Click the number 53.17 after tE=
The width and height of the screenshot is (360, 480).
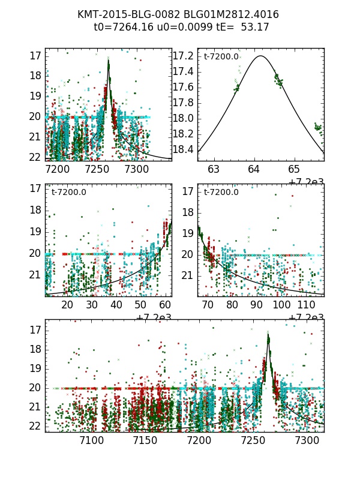(255, 27)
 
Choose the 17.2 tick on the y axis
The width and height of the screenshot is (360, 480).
(182, 56)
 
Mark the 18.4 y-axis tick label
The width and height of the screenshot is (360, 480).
(182, 149)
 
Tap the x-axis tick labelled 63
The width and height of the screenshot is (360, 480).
(214, 169)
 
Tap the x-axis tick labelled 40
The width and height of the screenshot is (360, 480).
(116, 305)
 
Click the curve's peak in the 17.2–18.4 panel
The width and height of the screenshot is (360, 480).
(260, 56)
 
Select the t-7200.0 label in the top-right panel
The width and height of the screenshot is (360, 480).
(221, 57)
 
